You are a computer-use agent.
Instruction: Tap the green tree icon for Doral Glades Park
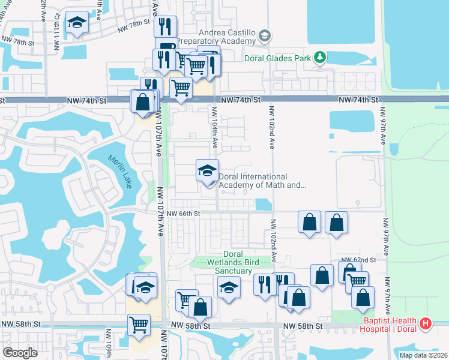(x=321, y=58)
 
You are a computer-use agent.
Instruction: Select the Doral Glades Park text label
(x=277, y=58)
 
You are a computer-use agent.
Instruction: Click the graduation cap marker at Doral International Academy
(x=207, y=172)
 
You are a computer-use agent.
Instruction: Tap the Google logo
(x=20, y=353)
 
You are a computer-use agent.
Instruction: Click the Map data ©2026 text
(x=423, y=355)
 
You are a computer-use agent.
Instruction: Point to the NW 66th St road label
(x=183, y=213)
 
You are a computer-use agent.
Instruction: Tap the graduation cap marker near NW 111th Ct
(x=76, y=25)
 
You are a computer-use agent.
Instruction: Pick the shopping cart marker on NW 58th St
(x=139, y=325)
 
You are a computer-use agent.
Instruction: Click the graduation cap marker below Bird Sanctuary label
(x=228, y=288)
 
